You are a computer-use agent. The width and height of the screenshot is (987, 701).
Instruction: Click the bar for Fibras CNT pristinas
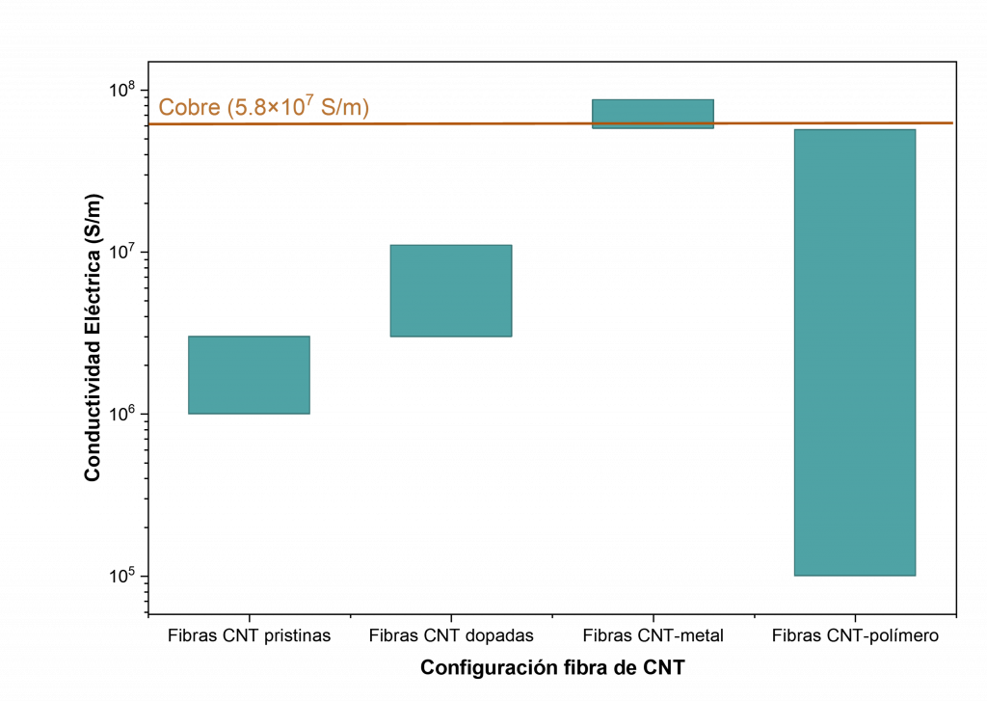[249, 375]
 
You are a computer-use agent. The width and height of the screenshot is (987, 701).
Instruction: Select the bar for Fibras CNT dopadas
[451, 290]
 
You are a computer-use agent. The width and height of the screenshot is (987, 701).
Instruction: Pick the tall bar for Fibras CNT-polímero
[855, 352]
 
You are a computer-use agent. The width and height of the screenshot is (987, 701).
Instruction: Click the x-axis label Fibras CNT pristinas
[250, 635]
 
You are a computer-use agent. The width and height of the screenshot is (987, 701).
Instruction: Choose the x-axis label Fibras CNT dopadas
[451, 635]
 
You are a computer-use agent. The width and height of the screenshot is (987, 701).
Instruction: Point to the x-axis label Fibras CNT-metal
[654, 635]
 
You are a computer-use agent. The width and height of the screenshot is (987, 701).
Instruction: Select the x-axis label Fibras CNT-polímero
[856, 635]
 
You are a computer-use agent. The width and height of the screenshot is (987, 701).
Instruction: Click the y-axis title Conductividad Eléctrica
[93, 337]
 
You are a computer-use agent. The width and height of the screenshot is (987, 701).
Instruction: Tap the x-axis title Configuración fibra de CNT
[552, 667]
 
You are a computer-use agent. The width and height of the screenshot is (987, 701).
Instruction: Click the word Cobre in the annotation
[190, 107]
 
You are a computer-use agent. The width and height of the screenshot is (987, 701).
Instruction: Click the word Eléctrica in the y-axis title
[93, 289]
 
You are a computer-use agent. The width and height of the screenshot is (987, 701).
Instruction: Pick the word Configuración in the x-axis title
[482, 668]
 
